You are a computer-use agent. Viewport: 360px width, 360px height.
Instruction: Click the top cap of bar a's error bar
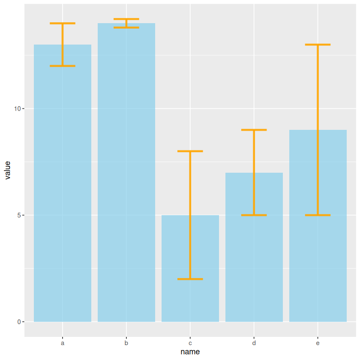pyautogui.click(x=63, y=23)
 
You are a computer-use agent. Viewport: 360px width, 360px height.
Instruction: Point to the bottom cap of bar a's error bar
pyautogui.click(x=63, y=66)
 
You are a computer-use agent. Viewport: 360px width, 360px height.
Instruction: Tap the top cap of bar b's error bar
pyautogui.click(x=126, y=19)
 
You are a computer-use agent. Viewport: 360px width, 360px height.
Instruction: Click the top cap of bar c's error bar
pyautogui.click(x=190, y=151)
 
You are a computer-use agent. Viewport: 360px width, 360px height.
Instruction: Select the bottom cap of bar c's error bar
pyautogui.click(x=190, y=279)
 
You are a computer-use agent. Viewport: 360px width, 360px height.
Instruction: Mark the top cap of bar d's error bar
pyautogui.click(x=254, y=130)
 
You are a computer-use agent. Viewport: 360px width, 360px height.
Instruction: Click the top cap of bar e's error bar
pyautogui.click(x=318, y=45)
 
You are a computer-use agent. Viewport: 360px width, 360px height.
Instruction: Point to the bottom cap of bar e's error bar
pyautogui.click(x=318, y=215)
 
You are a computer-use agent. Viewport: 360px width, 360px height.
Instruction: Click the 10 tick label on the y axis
pyautogui.click(x=18, y=109)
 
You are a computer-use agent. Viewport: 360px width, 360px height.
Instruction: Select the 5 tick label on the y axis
pyautogui.click(x=19, y=215)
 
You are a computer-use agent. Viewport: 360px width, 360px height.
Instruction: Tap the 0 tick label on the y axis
pyautogui.click(x=19, y=322)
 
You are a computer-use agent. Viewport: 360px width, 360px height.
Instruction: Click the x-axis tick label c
pyautogui.click(x=190, y=343)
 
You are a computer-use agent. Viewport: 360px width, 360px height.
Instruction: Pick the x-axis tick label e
pyautogui.click(x=318, y=343)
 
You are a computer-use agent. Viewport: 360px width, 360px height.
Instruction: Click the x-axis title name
pyautogui.click(x=190, y=352)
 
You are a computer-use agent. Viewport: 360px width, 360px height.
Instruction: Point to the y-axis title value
pyautogui.click(x=7, y=170)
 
